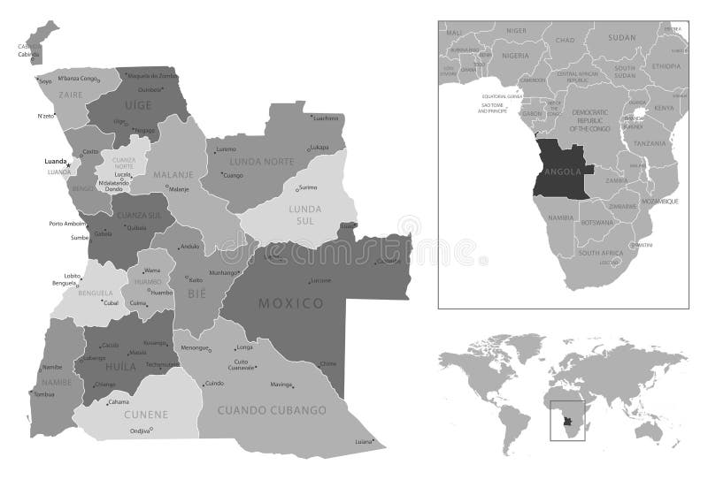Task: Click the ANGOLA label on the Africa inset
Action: click(564, 171)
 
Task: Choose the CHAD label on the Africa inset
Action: click(565, 41)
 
